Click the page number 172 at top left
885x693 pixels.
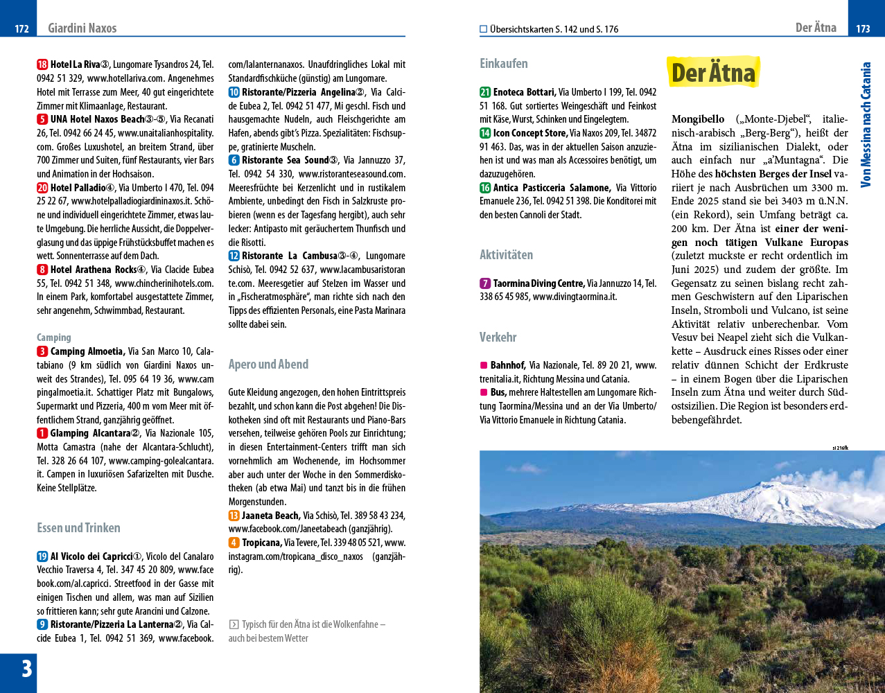coord(21,28)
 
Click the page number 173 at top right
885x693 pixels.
coord(863,28)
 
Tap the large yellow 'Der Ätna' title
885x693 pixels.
coord(713,73)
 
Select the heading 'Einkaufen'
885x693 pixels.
coord(503,64)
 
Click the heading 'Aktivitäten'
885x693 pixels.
coord(506,255)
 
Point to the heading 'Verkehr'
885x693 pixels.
coord(498,337)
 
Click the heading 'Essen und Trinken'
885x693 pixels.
coord(78,528)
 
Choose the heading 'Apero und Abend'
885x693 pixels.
coord(268,365)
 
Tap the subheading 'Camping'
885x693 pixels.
coord(54,337)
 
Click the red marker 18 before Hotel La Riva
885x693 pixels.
coord(42,64)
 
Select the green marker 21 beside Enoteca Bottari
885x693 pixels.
coord(485,92)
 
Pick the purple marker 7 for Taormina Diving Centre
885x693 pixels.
coord(485,283)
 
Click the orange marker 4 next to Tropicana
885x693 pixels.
coord(234,543)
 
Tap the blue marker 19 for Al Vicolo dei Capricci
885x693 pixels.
coord(42,556)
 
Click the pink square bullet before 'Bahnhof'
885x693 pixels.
coord(484,365)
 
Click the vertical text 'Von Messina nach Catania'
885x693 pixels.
coord(866,125)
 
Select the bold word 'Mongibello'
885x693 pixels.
coord(698,119)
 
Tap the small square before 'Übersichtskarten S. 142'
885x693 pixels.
coord(484,29)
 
